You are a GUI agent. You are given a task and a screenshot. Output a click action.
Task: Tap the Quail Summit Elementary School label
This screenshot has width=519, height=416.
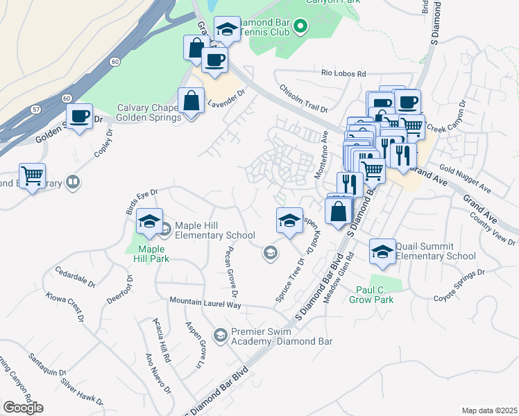pos(436,251)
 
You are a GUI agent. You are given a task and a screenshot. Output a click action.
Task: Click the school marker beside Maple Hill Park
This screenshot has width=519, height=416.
pos(149,222)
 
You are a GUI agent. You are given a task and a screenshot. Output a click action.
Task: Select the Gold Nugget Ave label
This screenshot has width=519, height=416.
pos(465,180)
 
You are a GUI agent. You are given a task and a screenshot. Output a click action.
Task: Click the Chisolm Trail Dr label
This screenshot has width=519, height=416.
pos(303,98)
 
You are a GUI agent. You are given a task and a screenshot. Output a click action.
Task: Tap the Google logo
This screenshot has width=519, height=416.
pos(23,408)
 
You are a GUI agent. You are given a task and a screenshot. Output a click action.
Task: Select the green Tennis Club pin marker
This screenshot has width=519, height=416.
pos(300,27)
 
